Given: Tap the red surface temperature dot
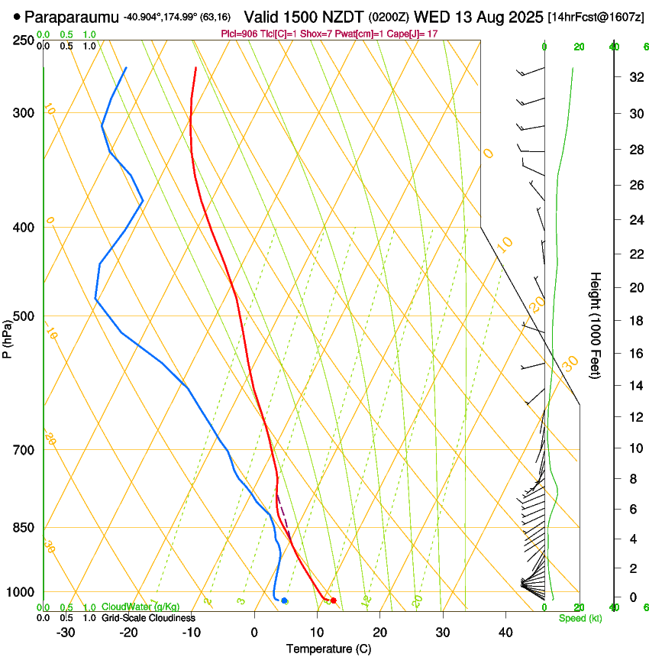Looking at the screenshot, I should (x=333, y=600).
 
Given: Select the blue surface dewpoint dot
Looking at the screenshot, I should (x=284, y=600).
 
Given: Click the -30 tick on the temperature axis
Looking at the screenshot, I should (x=66, y=633).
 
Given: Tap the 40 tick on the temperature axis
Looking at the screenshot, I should (x=505, y=633).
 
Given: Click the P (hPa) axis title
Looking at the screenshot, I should (x=7, y=338).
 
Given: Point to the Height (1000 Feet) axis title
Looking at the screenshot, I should (x=596, y=325).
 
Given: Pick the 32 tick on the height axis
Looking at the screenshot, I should (x=634, y=76).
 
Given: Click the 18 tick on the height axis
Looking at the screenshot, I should (x=634, y=321).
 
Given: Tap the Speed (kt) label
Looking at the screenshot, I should (x=580, y=618).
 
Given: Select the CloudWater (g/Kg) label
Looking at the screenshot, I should (x=140, y=607).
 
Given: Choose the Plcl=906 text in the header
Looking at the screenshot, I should (x=240, y=34).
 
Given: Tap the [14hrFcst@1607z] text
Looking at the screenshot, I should (x=596, y=15).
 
